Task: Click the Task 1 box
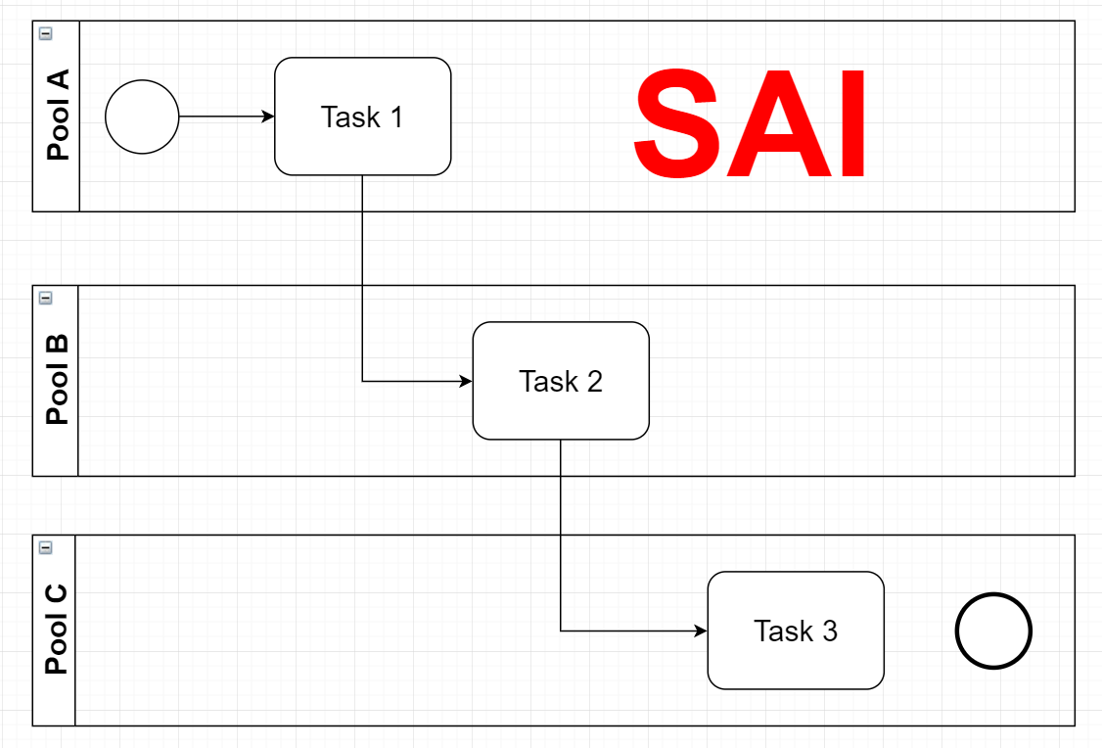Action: pos(363,117)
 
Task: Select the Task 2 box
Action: pos(561,381)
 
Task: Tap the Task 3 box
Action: pos(796,631)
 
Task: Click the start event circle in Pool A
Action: pos(142,117)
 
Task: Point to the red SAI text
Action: pos(750,123)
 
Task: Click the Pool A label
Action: pos(59,115)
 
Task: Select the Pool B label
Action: pos(58,379)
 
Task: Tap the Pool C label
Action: pos(56,630)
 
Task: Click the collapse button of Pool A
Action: pos(46,33)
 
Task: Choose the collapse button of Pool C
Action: pos(46,547)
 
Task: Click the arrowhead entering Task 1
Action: pos(268,117)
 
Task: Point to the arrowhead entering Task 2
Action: pos(466,381)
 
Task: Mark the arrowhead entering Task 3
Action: pos(701,631)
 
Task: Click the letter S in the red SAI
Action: pos(676,123)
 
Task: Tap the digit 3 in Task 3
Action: pos(830,631)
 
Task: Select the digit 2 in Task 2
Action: pos(595,382)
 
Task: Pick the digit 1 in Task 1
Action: pos(397,117)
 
